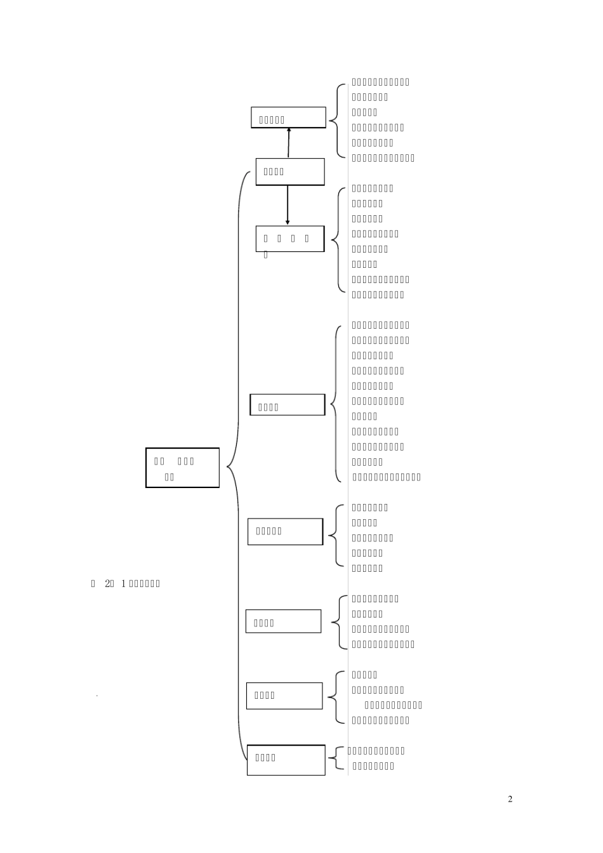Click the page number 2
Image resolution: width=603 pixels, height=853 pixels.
[510, 799]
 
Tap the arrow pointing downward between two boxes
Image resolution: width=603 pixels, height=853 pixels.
[288, 205]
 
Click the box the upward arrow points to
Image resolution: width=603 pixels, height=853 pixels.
[288, 117]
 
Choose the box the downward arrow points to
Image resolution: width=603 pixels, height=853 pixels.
[290, 239]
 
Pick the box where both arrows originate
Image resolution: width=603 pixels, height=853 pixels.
[290, 171]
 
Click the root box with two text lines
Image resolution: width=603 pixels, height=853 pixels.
[182, 468]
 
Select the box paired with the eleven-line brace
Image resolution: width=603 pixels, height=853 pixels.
[287, 405]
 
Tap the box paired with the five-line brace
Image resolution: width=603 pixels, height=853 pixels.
[285, 531]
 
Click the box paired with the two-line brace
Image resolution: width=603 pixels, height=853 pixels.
[286, 760]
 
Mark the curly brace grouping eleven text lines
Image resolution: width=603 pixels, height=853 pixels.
[335, 401]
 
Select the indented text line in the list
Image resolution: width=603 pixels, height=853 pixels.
[394, 705]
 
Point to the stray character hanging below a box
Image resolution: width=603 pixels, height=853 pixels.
[266, 255]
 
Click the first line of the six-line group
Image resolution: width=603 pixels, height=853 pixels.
[381, 82]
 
